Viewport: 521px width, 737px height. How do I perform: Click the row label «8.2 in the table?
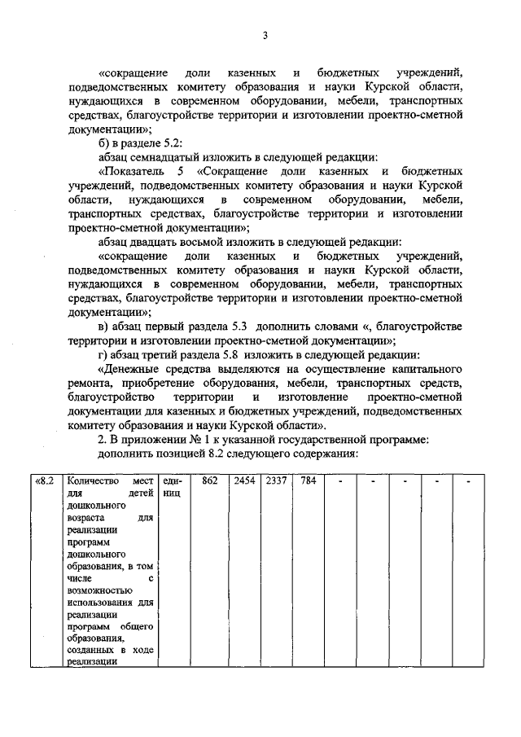[x=46, y=481]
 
